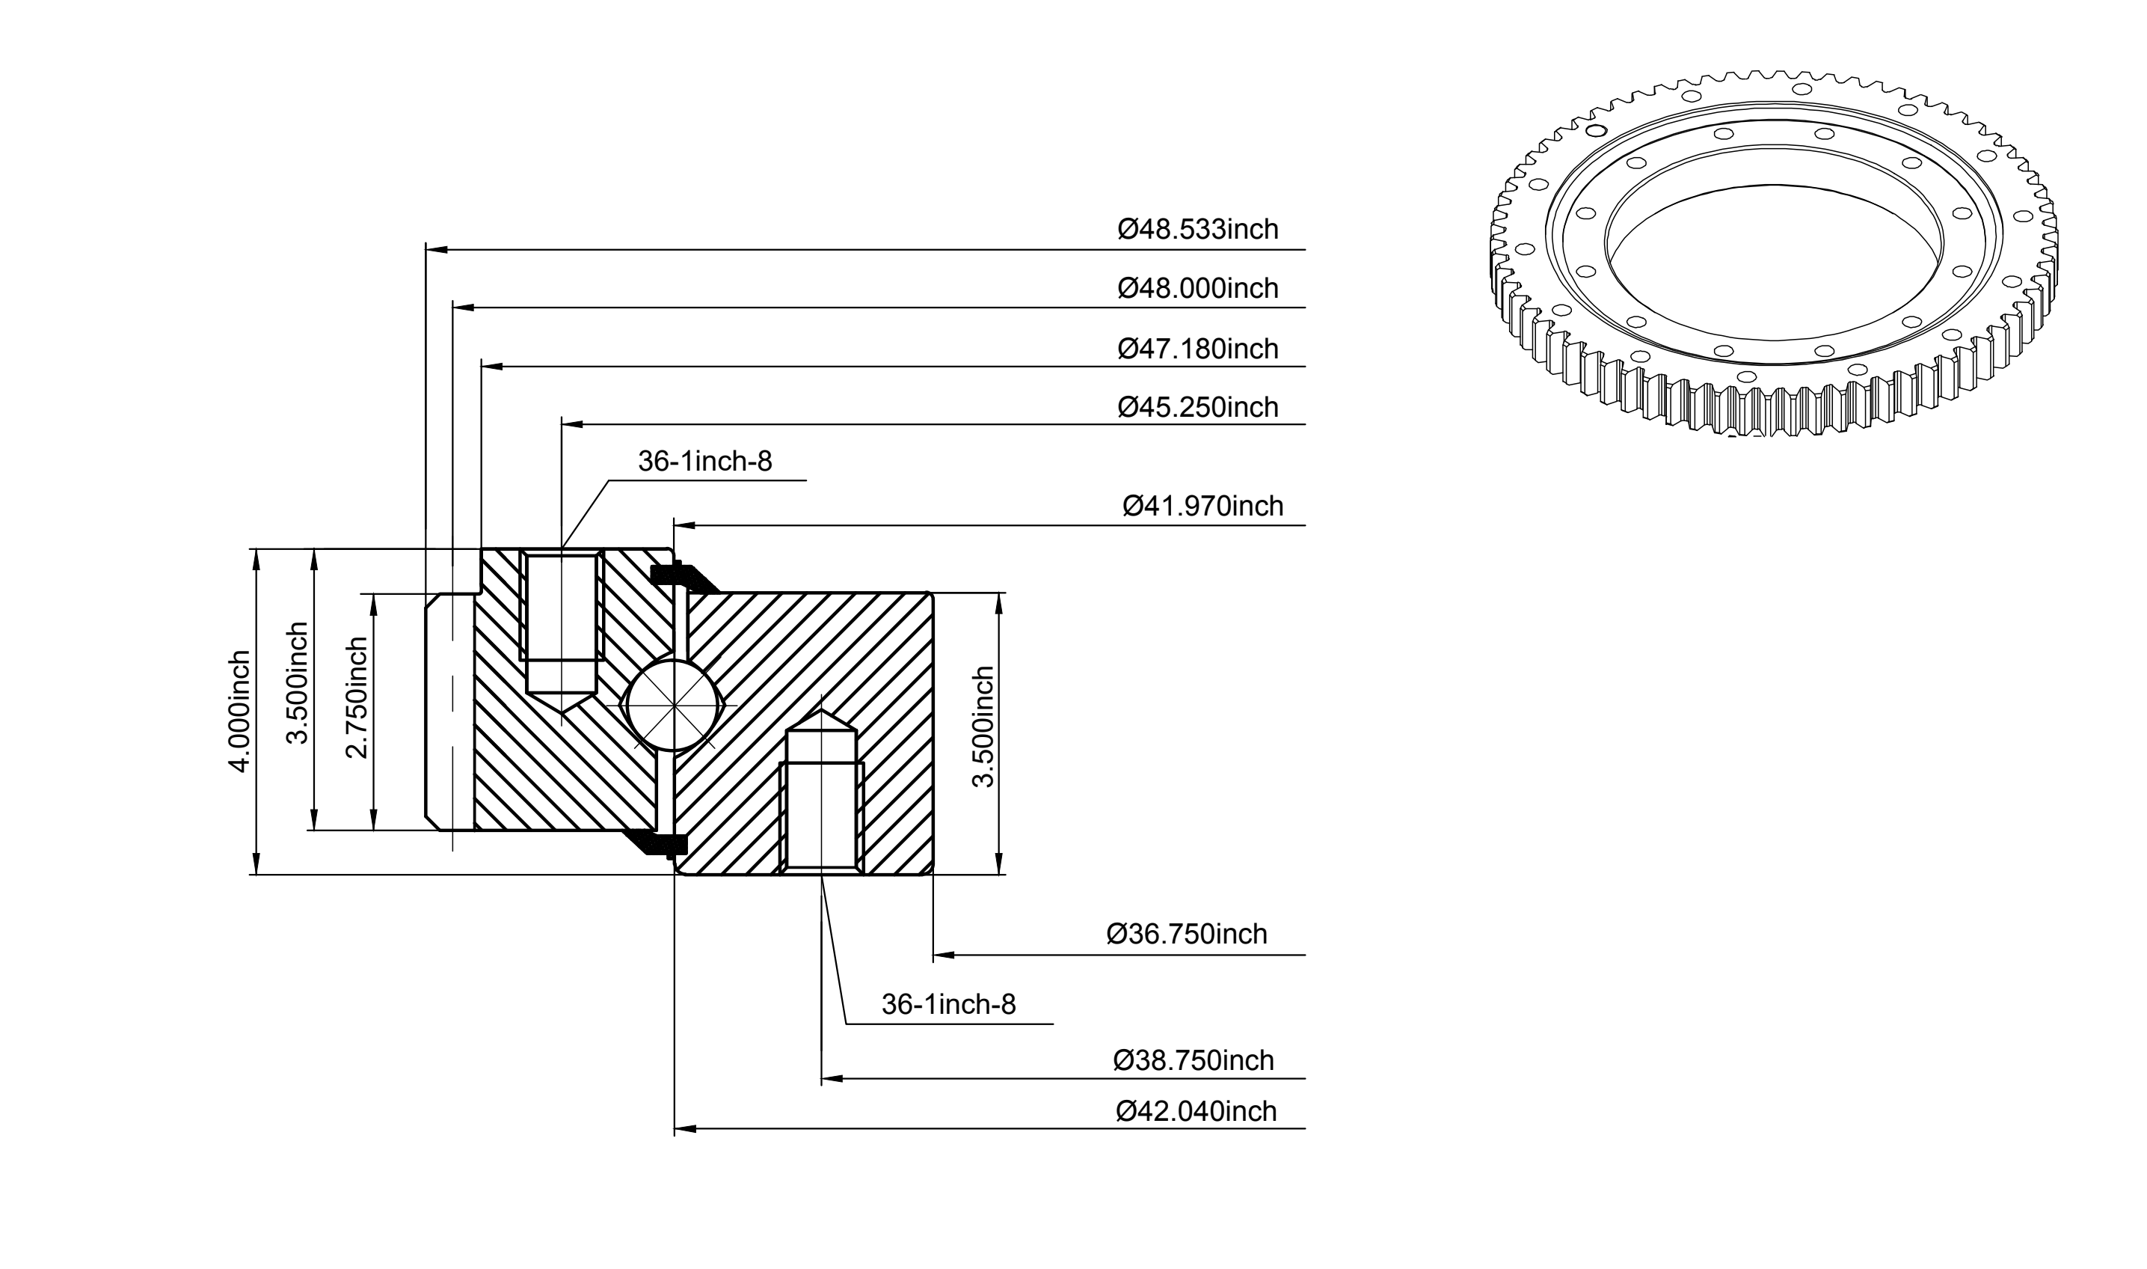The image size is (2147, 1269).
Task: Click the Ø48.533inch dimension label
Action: (x=1198, y=229)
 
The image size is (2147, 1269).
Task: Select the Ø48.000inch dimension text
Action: (x=1198, y=288)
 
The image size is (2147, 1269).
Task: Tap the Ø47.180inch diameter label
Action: (x=1198, y=349)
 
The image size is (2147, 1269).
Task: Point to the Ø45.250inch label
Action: (x=1198, y=407)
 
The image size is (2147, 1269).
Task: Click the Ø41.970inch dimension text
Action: (x=1202, y=507)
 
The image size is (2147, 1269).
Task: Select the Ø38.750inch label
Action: (x=1194, y=1060)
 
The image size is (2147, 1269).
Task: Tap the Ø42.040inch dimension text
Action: (x=1196, y=1111)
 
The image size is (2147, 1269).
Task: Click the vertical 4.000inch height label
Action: (x=240, y=712)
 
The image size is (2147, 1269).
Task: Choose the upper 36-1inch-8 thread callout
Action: (x=705, y=462)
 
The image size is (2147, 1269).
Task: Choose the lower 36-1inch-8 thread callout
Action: (x=949, y=1004)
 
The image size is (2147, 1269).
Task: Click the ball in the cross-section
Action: (x=675, y=705)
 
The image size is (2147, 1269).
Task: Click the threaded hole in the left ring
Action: (x=562, y=633)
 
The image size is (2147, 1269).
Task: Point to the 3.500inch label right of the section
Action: (x=983, y=727)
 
